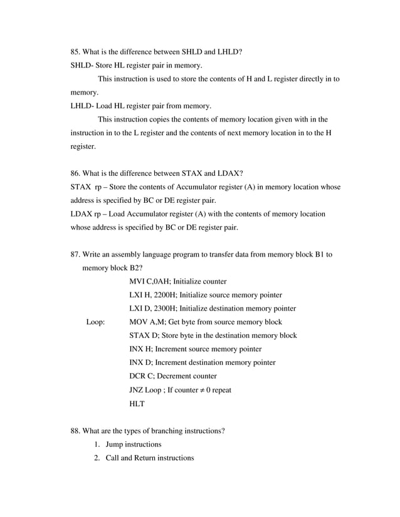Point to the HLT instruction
(137, 404)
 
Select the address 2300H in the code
(159, 309)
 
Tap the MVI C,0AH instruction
(149, 281)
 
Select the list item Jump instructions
(134, 444)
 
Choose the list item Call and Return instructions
(150, 458)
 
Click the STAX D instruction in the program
(144, 335)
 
